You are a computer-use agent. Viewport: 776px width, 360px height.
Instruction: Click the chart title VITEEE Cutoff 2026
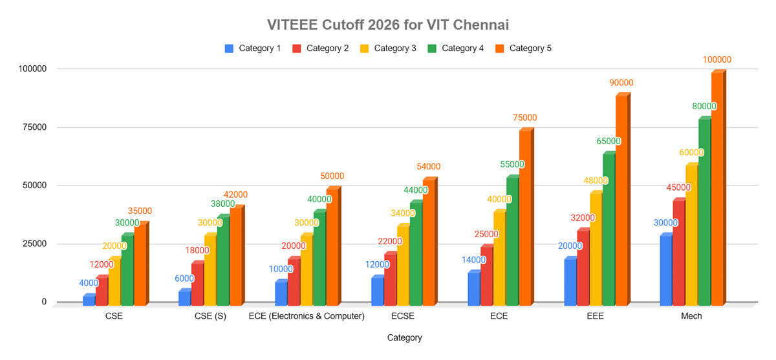click(388, 25)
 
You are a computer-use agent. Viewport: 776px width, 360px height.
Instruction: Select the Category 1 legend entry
click(252, 48)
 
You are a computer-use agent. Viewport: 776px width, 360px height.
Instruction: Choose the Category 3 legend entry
click(387, 48)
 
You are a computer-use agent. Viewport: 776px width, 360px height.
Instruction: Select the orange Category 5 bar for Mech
click(717, 188)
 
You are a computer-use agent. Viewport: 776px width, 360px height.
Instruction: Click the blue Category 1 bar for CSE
click(89, 299)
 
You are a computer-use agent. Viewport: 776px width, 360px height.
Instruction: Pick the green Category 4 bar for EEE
click(608, 229)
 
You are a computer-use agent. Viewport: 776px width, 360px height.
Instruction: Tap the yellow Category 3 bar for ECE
click(499, 259)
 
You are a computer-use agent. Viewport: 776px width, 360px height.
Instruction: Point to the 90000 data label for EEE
click(620, 83)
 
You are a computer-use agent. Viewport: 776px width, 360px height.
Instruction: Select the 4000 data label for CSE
click(89, 283)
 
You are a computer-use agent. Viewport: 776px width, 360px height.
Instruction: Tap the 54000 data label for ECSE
click(428, 167)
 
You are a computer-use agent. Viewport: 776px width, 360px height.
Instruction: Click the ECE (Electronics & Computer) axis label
click(307, 316)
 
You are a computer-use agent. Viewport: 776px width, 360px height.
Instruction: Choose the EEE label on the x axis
click(595, 316)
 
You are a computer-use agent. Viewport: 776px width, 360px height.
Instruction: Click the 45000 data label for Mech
click(678, 188)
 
